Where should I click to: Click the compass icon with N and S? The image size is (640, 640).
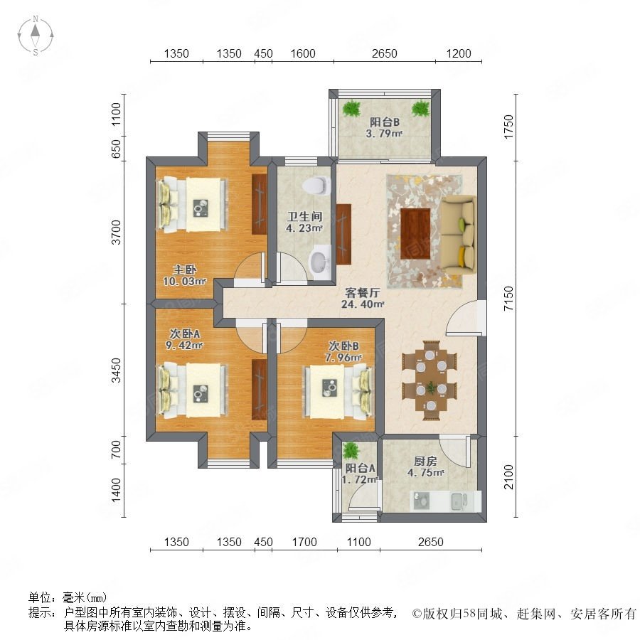(36, 35)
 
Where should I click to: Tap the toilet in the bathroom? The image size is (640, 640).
(316, 186)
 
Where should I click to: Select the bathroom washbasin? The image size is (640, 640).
(319, 262)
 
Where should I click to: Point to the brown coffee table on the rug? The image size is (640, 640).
(415, 233)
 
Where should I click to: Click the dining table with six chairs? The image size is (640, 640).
(430, 380)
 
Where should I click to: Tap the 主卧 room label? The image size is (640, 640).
(185, 270)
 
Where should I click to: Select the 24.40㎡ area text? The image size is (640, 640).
(363, 304)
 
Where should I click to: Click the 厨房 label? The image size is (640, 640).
(425, 462)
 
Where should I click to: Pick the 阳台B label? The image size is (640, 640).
(385, 122)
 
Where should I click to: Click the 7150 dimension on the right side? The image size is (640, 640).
(508, 299)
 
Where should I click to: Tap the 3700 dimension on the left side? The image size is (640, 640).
(117, 233)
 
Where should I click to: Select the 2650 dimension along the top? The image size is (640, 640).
(384, 53)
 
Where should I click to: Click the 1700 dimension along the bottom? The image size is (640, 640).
(304, 542)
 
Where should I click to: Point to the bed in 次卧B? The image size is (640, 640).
(338, 391)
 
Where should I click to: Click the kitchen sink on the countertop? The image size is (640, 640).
(460, 501)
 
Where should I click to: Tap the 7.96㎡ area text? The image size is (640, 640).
(343, 358)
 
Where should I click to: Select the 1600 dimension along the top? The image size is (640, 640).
(303, 53)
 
